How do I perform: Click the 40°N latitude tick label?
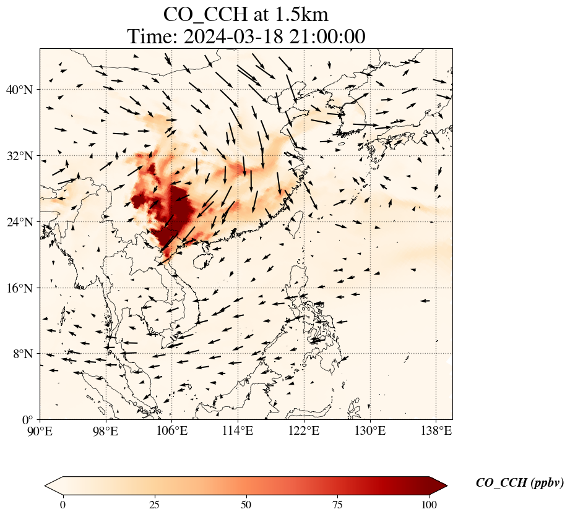[19, 90]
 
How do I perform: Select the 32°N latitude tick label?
[19, 156]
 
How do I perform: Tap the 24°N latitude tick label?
[19, 222]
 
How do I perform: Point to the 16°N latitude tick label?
[19, 288]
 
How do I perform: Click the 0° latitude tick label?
[27, 420]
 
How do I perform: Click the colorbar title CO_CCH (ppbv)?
[519, 483]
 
